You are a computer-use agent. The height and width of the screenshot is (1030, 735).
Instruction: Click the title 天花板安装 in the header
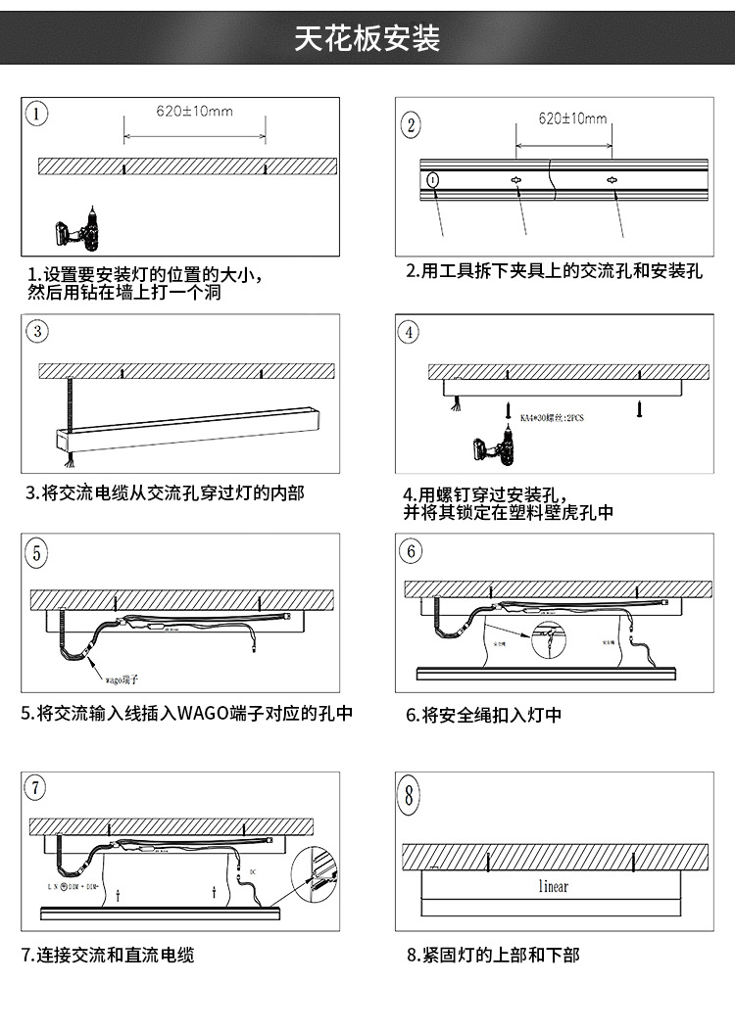(367, 38)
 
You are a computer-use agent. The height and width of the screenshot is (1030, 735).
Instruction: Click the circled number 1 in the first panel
(36, 113)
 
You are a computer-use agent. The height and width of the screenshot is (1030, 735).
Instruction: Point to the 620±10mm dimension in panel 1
(194, 111)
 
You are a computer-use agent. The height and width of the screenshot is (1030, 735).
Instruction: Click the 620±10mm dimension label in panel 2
(572, 118)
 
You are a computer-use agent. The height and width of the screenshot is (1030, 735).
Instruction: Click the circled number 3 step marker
(37, 330)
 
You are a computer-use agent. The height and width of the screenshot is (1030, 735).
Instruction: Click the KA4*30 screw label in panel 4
(552, 416)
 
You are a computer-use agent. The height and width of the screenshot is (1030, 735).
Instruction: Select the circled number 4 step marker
(410, 332)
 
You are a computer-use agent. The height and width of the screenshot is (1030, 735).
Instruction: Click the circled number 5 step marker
(37, 552)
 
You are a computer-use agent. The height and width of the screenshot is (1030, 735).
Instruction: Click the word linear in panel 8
(553, 886)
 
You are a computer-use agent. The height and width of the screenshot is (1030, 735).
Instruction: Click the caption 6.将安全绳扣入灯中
(484, 716)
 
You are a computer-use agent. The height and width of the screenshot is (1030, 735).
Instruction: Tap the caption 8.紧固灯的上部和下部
(493, 954)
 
